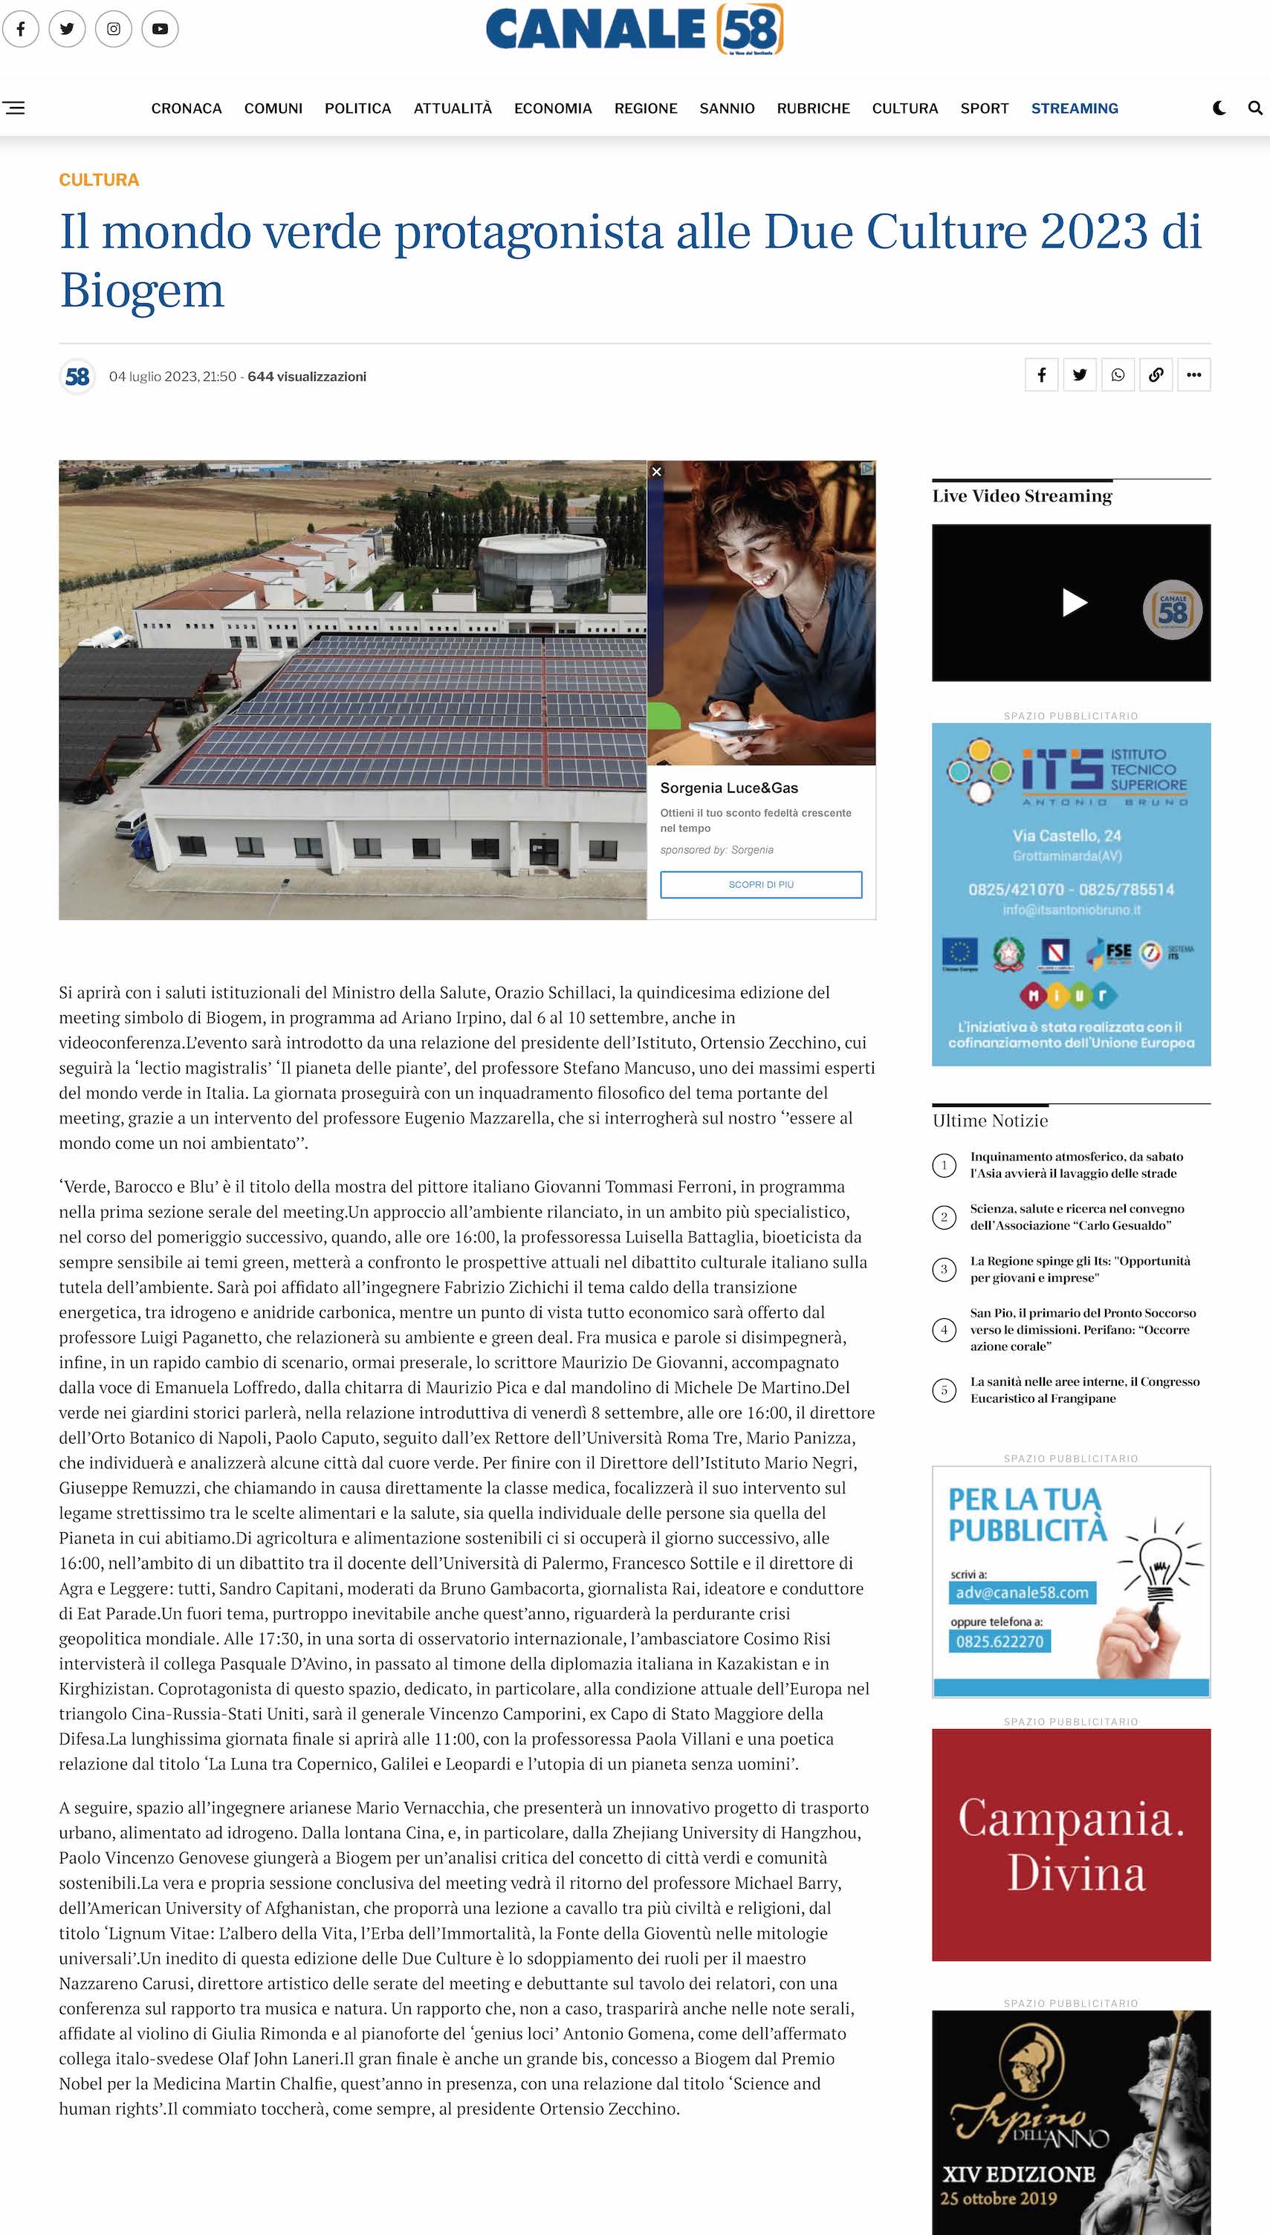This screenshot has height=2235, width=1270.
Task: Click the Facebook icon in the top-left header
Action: (21, 29)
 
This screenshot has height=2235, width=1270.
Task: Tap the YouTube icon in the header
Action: (160, 29)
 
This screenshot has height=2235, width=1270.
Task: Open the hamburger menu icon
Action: (14, 108)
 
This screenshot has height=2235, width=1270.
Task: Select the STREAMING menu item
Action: (1074, 108)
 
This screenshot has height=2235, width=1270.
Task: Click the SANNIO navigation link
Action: (727, 108)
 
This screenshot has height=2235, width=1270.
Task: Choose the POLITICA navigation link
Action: (357, 108)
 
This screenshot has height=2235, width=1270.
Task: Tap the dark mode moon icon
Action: (1219, 108)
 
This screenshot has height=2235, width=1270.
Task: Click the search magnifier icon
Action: (1255, 108)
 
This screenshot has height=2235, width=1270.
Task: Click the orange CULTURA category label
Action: (99, 180)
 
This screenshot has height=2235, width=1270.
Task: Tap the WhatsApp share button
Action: (1118, 375)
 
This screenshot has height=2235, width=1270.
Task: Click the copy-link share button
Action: (1156, 375)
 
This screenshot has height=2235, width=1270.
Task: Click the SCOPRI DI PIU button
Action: (761, 884)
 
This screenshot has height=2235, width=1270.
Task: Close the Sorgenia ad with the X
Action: (657, 472)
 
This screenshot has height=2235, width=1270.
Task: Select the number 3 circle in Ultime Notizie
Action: (944, 1270)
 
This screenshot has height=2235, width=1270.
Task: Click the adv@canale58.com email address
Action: (1021, 1592)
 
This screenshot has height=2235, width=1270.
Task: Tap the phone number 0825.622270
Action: (1000, 1641)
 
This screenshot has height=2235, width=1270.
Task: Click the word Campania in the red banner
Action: (1071, 1819)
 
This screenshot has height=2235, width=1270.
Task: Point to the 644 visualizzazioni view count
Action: (307, 377)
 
